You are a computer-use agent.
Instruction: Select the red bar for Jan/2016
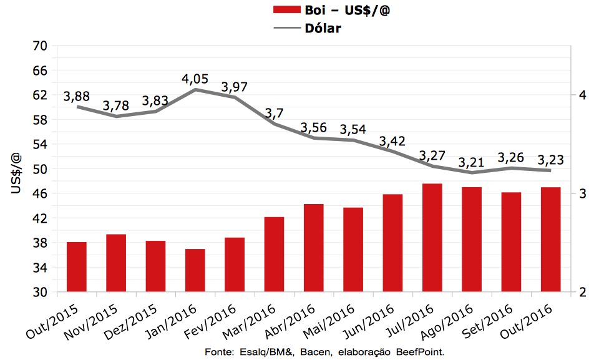coord(195,270)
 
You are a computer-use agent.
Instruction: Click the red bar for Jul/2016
coord(432,238)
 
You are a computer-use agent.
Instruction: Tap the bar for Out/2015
coord(77,266)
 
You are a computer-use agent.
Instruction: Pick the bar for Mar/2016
coord(275,254)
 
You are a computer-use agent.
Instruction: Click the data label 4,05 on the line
coord(195,79)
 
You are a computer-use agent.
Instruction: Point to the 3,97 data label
coord(235,86)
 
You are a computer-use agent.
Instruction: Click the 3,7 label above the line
coord(275,113)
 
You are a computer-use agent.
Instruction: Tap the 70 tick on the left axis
coord(39,46)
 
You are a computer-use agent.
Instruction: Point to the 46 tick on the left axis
coord(39,194)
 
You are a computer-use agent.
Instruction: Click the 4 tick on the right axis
coord(582,95)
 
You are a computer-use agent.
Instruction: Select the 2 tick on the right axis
coord(582,293)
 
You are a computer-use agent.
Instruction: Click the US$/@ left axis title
coord(17,172)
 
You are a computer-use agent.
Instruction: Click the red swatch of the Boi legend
coord(286,10)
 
